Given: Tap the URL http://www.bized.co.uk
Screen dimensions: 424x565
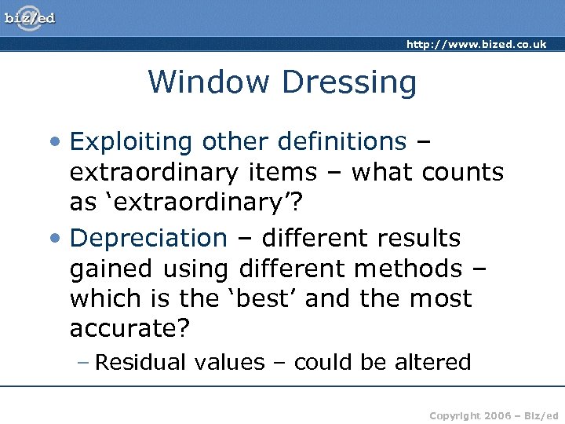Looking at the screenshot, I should coord(476,45).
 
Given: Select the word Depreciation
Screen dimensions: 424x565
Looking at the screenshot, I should coord(148,238).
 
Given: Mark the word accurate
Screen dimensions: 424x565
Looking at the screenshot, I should coord(129,330).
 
